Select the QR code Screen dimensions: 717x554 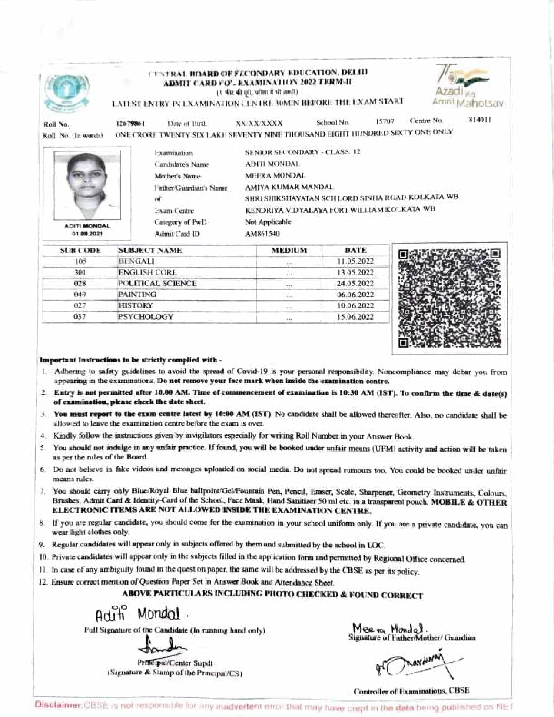449,298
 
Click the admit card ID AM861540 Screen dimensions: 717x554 262,234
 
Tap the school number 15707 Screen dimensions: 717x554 385,121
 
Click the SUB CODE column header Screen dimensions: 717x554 80,251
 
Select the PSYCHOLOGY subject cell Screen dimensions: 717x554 146,317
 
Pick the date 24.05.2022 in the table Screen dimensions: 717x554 355,284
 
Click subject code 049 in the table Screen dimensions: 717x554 80,295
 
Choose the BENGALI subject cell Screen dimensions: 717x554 136,261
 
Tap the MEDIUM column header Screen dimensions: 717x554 289,251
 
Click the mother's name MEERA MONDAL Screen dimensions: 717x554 275,176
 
